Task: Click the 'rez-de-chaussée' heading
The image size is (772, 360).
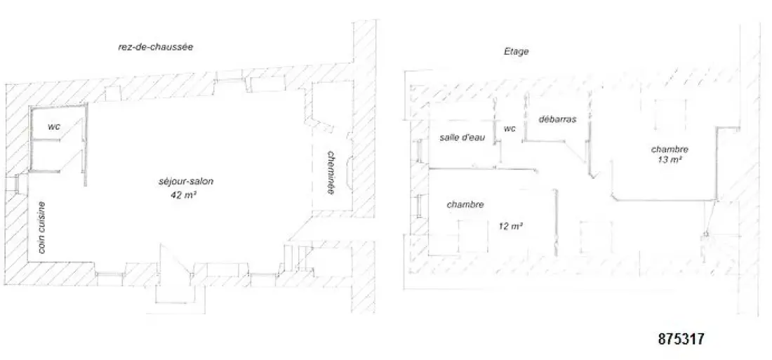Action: click(155, 48)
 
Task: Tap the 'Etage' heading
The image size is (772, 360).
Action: click(516, 51)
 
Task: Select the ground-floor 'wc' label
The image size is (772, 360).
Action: click(53, 126)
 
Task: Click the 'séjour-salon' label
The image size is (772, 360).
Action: click(186, 182)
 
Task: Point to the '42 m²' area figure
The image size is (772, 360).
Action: click(184, 194)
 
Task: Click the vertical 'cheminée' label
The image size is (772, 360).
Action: click(331, 173)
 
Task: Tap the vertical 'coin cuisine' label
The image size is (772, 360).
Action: click(42, 227)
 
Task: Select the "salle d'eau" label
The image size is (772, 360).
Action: click(462, 138)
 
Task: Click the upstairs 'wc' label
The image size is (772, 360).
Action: click(510, 128)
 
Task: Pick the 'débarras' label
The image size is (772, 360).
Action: click(557, 119)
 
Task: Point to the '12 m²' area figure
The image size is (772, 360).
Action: click(510, 227)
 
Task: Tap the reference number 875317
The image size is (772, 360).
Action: click(681, 339)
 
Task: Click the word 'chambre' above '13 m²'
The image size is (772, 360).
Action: click(670, 149)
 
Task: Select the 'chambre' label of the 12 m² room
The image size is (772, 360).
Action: click(465, 204)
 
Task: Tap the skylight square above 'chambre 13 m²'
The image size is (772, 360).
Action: click(670, 115)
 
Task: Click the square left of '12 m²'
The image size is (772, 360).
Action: click(473, 236)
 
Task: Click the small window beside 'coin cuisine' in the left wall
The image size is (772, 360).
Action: click(18, 184)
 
